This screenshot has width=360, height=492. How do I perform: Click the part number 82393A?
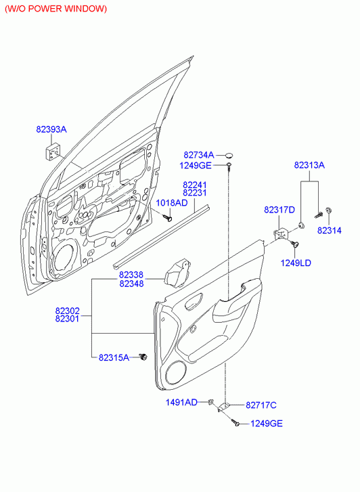[51, 129]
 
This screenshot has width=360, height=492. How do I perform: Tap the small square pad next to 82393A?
[53, 152]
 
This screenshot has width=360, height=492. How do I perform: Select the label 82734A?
[199, 155]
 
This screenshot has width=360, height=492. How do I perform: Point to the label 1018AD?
[172, 203]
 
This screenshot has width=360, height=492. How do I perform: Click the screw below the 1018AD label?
[168, 217]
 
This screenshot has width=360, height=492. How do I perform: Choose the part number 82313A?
[309, 165]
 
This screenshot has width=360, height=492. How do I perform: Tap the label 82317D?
[279, 210]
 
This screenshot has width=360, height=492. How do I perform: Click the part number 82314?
[330, 230]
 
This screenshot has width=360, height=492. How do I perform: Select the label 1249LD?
[296, 263]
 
